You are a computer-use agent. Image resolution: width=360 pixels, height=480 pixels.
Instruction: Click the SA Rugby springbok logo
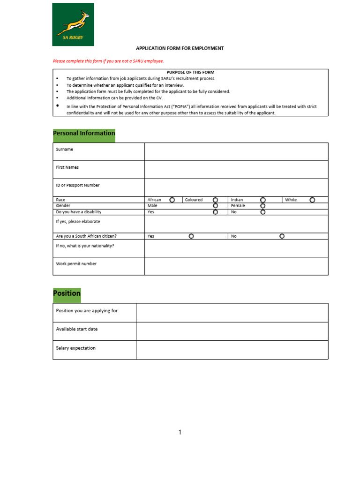pyautogui.click(x=73, y=24)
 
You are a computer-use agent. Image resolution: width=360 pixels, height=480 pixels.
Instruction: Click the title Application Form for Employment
pyautogui.click(x=180, y=48)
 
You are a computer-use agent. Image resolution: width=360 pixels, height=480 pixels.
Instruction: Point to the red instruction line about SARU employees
pyautogui.click(x=108, y=61)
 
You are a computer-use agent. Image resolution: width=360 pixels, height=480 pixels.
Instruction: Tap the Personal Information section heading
pyautogui.click(x=84, y=134)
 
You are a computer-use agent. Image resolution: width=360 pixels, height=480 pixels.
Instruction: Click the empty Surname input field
pyautogui.click(x=236, y=152)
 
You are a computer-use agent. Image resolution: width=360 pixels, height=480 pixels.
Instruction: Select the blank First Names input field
pyautogui.click(x=236, y=170)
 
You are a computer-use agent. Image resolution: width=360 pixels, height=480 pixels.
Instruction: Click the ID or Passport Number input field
pyautogui.click(x=236, y=187)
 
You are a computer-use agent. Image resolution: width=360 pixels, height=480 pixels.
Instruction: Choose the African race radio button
pyautogui.click(x=172, y=200)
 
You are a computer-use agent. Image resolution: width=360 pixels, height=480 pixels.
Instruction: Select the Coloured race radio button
pyautogui.click(x=215, y=200)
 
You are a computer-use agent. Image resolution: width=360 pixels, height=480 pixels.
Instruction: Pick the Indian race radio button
pyautogui.click(x=263, y=200)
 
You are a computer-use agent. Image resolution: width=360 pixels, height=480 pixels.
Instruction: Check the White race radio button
pyautogui.click(x=312, y=200)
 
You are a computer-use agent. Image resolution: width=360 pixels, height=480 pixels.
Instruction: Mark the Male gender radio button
pyautogui.click(x=215, y=206)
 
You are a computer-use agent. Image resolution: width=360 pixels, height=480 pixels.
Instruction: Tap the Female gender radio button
pyautogui.click(x=263, y=206)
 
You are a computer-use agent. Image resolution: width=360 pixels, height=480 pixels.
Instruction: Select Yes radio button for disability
pyautogui.click(x=215, y=212)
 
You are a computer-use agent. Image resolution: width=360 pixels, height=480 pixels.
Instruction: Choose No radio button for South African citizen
pyautogui.click(x=282, y=236)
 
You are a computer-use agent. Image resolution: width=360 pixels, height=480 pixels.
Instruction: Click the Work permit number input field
pyautogui.click(x=236, y=266)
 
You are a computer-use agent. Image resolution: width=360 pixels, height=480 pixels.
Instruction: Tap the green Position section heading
pyautogui.click(x=67, y=293)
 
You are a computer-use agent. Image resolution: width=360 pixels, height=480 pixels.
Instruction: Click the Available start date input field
pyautogui.click(x=232, y=331)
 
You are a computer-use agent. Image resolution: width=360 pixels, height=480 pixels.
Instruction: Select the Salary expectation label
pyautogui.click(x=76, y=348)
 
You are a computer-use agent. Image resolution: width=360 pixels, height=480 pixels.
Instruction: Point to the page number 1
pyautogui.click(x=180, y=432)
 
